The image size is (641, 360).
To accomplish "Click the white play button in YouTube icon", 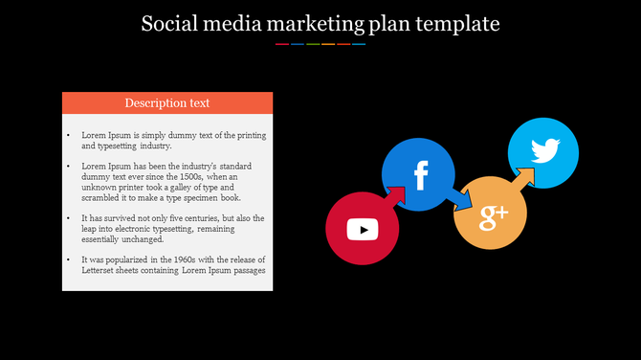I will pos(363,230).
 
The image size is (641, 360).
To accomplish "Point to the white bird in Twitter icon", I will pos(544,151).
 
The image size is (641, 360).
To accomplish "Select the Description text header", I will pos(167,102).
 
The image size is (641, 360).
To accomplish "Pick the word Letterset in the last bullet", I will pos(100,270).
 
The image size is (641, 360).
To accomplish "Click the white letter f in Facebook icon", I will pos(420,175).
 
